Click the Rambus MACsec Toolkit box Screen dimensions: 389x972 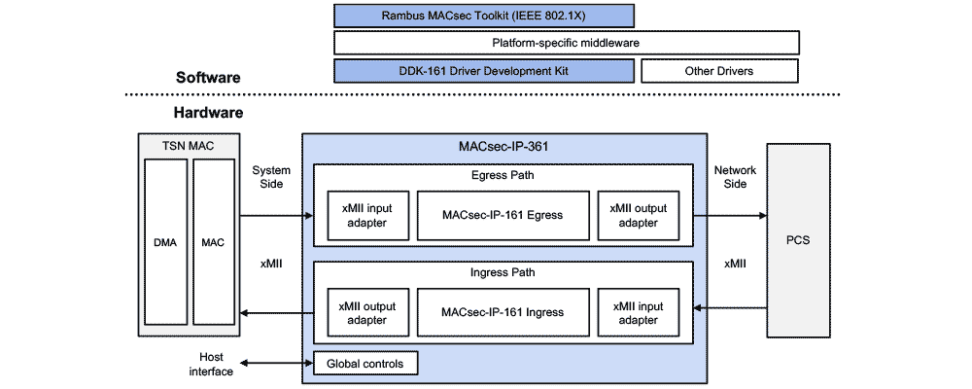tap(484, 16)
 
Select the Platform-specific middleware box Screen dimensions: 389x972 tap(566, 43)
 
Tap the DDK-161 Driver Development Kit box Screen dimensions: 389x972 tap(484, 71)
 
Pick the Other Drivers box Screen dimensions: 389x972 tap(718, 71)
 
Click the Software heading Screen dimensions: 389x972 tap(208, 78)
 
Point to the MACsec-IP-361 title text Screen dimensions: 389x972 tap(503, 147)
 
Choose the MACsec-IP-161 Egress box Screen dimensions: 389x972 tap(503, 215)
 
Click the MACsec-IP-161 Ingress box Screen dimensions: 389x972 tap(503, 312)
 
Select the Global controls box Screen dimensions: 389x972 tap(365, 364)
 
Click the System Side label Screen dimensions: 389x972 tap(271, 177)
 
